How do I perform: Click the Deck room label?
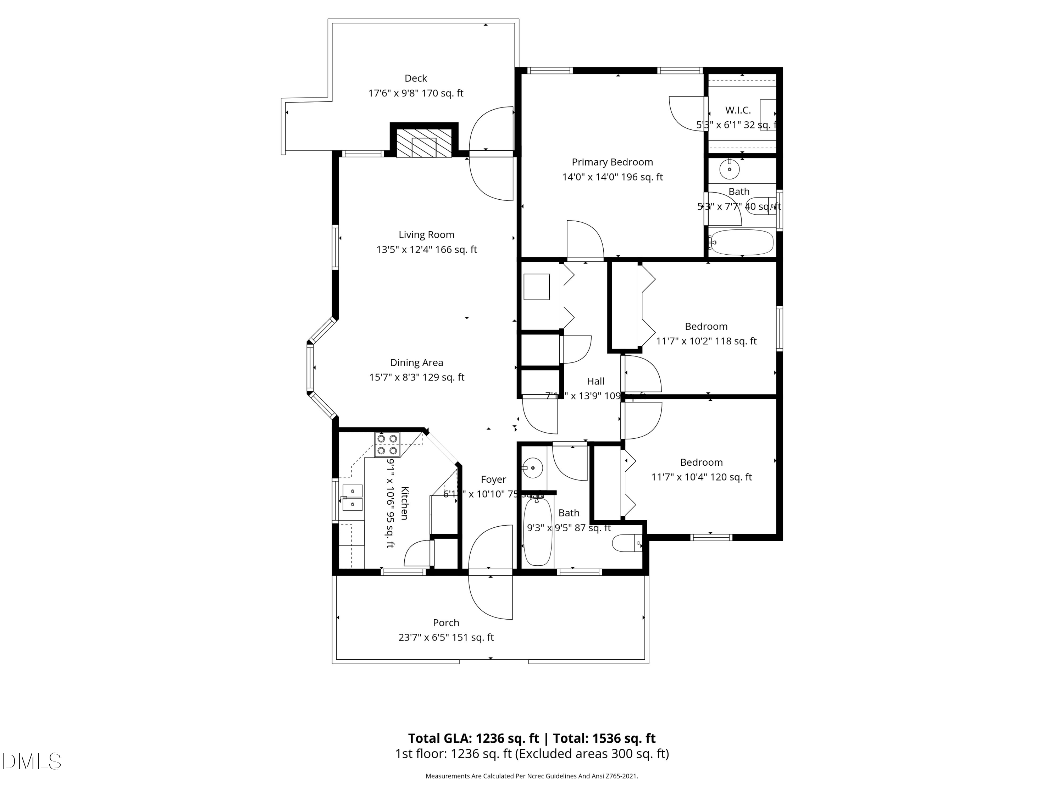coord(416,78)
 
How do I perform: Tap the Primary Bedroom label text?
coord(612,162)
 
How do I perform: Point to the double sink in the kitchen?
coord(352,497)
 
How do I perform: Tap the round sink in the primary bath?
coord(729,169)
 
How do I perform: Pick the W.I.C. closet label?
coord(738,110)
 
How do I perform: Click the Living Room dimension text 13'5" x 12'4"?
coord(426,250)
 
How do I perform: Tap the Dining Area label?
coord(417,363)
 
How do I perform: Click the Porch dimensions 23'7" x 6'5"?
coord(446,637)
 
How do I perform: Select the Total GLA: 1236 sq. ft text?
coord(473,738)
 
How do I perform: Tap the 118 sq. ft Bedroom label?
coord(706,327)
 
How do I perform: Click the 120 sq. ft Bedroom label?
coord(701,462)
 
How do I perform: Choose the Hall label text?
coord(595,381)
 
